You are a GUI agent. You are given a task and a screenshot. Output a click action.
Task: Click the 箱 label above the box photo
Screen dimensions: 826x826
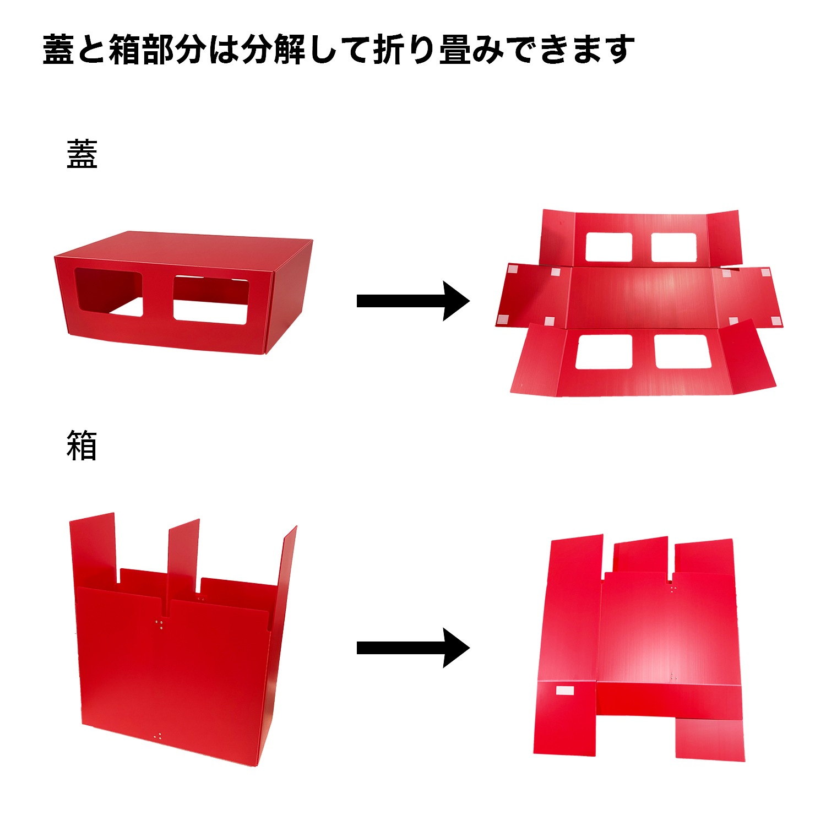(82, 445)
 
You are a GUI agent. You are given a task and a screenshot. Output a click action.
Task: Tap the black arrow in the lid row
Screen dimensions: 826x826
(413, 301)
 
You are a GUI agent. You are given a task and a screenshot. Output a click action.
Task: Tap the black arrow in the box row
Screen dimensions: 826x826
(413, 648)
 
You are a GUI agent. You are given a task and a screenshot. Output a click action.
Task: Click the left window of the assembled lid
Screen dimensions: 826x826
(108, 293)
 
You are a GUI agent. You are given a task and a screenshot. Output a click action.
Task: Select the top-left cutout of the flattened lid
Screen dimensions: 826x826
(608, 247)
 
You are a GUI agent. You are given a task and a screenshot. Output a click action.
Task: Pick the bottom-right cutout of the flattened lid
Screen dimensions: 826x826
(682, 351)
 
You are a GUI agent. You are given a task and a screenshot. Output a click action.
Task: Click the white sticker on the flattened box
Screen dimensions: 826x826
(565, 691)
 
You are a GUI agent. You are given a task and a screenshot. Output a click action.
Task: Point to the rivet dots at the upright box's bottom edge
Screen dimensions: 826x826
(158, 736)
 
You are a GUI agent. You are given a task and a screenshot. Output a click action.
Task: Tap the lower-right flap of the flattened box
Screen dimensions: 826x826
(710, 738)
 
